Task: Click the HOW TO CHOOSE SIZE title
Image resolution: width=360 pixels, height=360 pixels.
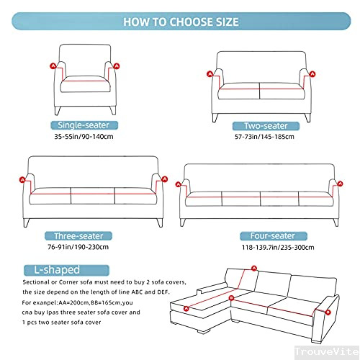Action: coord(181,22)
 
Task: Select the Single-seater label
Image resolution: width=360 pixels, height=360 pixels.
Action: coord(84,125)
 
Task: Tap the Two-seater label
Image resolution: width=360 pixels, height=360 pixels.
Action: coord(266,126)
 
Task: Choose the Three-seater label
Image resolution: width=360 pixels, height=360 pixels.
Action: coord(78,236)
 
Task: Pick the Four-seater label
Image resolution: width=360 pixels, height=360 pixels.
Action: coord(274,236)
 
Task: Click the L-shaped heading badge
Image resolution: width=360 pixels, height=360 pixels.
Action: coord(66,270)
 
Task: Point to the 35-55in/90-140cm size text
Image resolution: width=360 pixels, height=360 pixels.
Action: coord(84,137)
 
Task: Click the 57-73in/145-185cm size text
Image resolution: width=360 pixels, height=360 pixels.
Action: coord(264,137)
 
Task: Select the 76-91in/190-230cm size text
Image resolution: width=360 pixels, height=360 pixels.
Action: coord(78,247)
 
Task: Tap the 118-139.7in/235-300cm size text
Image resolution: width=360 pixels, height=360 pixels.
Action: coord(278,248)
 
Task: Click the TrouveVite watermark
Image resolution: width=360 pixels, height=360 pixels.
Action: coord(327,351)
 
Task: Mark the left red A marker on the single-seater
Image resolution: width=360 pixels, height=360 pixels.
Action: coord(53,66)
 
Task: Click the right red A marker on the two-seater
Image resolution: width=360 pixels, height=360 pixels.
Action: coord(312,74)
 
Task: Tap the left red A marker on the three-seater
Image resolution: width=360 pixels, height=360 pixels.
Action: coord(22,180)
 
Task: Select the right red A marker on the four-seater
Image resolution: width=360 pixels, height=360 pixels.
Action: coord(340,184)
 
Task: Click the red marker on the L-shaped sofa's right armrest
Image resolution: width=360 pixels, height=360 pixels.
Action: coord(328,312)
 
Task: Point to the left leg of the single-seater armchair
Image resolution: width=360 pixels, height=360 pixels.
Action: coord(58,111)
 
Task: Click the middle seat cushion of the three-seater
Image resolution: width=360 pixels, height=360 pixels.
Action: coord(93,196)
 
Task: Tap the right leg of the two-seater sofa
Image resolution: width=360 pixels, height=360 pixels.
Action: coord(307,117)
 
